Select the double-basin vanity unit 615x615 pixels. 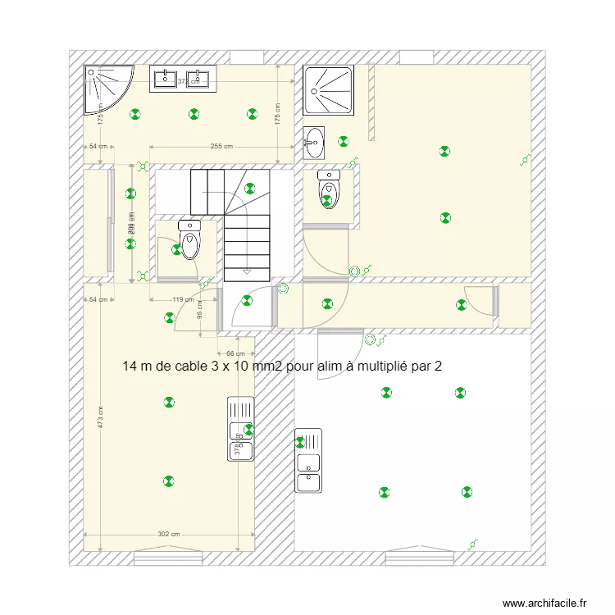click(x=182, y=78)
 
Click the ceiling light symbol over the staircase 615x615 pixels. click(x=250, y=187)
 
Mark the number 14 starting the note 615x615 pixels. click(x=130, y=366)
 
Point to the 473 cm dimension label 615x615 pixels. click(x=100, y=421)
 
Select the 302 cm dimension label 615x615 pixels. click(x=169, y=535)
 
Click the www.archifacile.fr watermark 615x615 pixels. click(x=544, y=603)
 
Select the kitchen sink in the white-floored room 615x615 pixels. click(x=308, y=461)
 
